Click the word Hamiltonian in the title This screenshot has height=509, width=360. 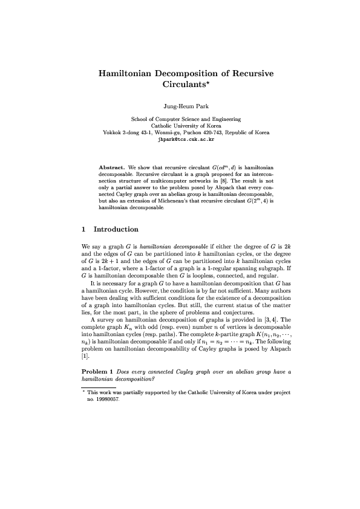coord(126,73)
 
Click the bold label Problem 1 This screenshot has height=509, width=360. coord(97,370)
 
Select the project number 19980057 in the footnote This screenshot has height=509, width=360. coord(103,400)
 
